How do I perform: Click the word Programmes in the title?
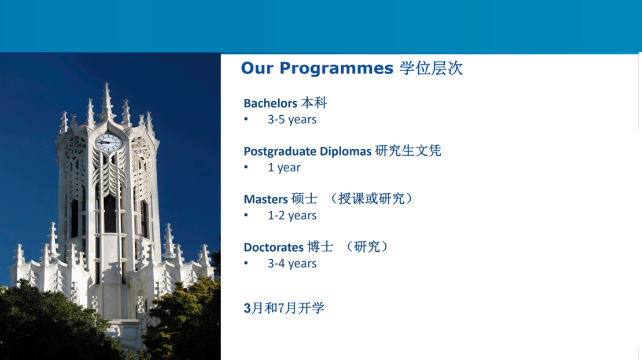pyautogui.click(x=336, y=68)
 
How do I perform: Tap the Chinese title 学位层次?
pyautogui.click(x=431, y=68)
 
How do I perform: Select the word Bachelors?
pyautogui.click(x=270, y=103)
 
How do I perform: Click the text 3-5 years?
pyautogui.click(x=292, y=120)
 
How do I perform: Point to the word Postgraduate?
pyautogui.click(x=280, y=152)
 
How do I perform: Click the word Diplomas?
pyautogui.click(x=345, y=151)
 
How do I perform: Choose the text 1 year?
pyautogui.click(x=284, y=167)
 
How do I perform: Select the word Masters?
pyautogui.click(x=265, y=200)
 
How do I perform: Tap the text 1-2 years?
pyautogui.click(x=292, y=215)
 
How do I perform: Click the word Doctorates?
pyautogui.click(x=274, y=247)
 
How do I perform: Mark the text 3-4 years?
pyautogui.click(x=292, y=263)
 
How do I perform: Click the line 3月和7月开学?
pyautogui.click(x=284, y=308)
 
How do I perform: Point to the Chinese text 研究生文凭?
pyautogui.click(x=408, y=150)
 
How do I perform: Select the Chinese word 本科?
pyautogui.click(x=313, y=102)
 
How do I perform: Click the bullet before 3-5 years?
pyautogui.click(x=246, y=119)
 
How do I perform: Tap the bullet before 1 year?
pyautogui.click(x=246, y=167)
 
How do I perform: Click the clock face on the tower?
pyautogui.click(x=109, y=142)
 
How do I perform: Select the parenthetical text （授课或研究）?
pyautogui.click(x=371, y=199)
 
